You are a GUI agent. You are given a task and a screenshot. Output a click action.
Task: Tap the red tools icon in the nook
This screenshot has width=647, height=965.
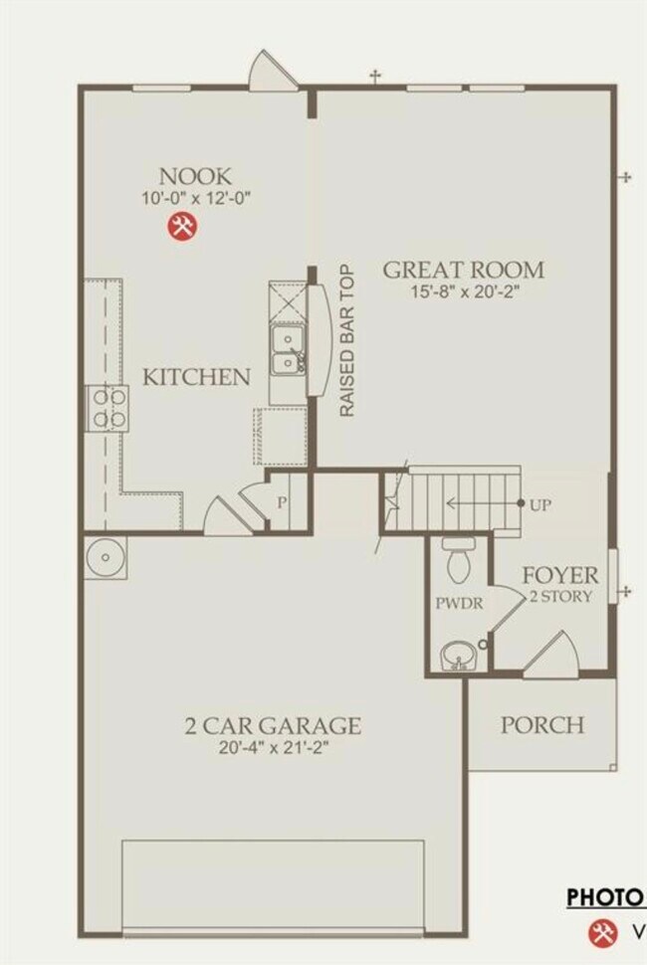click(x=182, y=227)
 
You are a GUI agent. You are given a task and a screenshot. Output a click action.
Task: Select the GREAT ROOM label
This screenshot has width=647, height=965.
click(x=464, y=269)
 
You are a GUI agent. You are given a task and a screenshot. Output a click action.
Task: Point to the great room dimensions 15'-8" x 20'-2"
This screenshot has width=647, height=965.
click(x=464, y=292)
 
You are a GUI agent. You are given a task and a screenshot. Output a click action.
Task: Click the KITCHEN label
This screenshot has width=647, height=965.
click(x=196, y=377)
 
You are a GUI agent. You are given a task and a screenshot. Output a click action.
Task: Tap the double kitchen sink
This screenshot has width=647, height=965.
click(x=288, y=350)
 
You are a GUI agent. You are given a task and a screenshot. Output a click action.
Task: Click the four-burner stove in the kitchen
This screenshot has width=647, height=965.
click(x=108, y=408)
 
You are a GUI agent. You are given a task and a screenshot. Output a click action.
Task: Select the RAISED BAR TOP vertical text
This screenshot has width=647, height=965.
click(x=346, y=341)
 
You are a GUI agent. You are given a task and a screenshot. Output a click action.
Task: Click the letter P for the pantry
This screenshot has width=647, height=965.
click(x=282, y=502)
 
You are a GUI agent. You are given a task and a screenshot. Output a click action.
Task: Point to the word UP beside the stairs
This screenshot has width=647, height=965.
click(x=539, y=504)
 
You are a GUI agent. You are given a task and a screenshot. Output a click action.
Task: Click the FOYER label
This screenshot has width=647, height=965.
click(x=561, y=575)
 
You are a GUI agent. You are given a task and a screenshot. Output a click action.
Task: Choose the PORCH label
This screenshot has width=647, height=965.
click(x=541, y=723)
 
